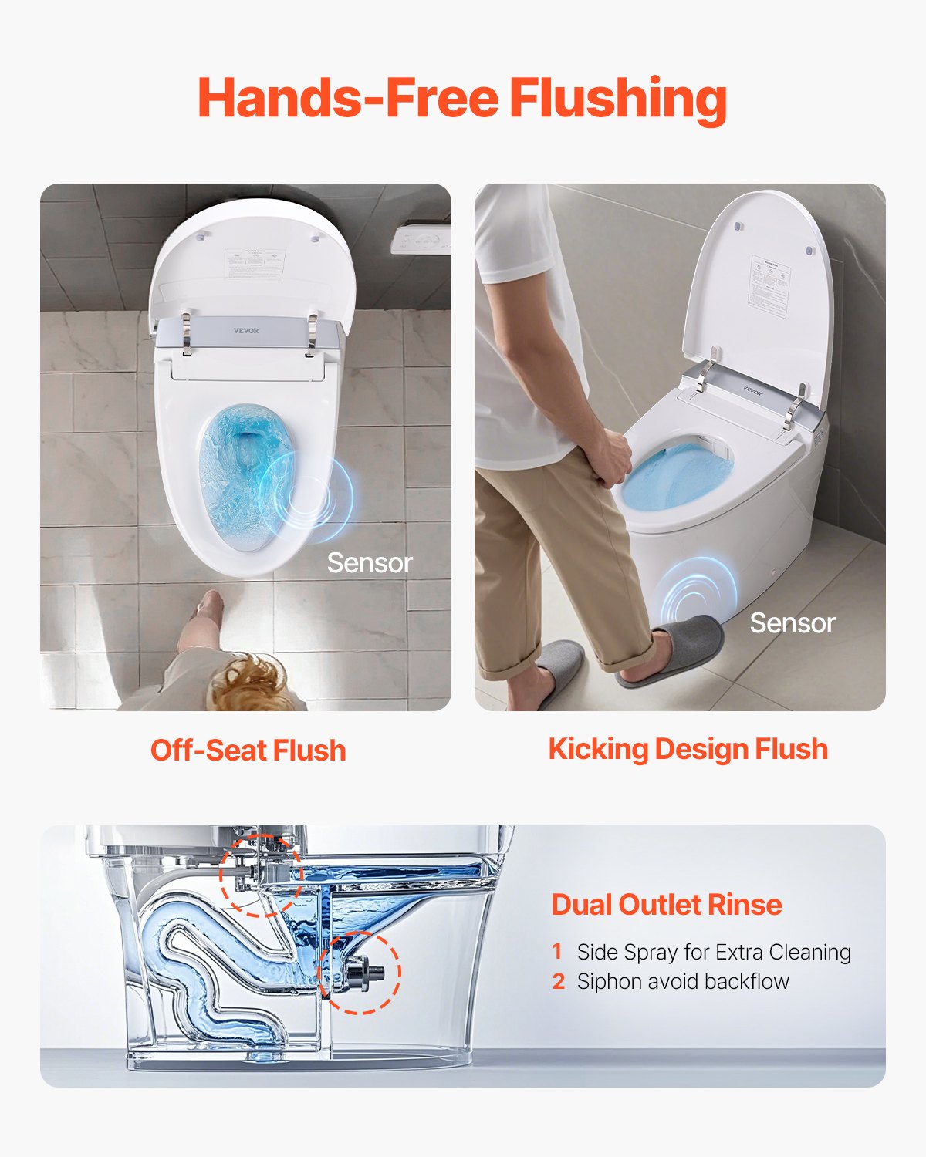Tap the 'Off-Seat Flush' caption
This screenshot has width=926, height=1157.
point(248,751)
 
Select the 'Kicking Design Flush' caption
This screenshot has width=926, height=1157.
point(688,749)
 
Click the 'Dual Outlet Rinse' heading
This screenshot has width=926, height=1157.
point(666,904)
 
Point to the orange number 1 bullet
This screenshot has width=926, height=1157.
point(558,952)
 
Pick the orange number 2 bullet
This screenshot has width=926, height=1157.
point(559,981)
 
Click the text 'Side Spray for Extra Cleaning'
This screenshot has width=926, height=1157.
point(713,952)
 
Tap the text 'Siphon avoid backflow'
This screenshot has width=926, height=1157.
point(682,981)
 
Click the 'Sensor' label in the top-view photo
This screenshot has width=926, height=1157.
point(369,563)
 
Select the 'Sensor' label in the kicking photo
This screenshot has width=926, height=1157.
point(792,623)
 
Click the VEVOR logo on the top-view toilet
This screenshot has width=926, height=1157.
point(246,331)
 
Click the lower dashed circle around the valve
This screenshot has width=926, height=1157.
point(360,973)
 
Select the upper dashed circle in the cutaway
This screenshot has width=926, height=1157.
point(261,875)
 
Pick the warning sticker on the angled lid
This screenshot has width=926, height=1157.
point(769,285)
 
